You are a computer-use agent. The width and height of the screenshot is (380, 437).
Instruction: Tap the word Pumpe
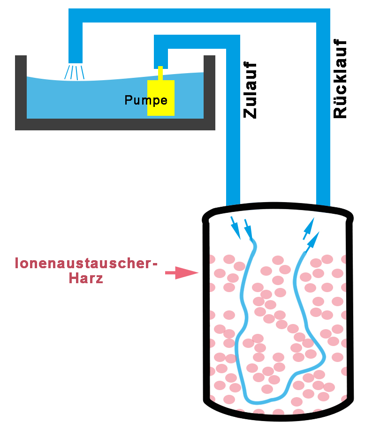(x=146, y=100)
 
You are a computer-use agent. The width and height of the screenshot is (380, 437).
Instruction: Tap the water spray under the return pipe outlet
(x=76, y=72)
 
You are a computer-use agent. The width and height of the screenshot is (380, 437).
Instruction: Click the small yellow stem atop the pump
(x=160, y=74)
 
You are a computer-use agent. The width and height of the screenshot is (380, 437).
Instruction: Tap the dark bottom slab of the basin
(x=115, y=124)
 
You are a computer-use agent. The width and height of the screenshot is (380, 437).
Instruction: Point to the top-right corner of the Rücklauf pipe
(x=323, y=16)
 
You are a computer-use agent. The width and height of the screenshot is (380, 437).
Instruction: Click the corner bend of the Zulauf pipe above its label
(x=233, y=42)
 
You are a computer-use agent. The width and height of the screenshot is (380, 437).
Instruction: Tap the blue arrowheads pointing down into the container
(x=242, y=229)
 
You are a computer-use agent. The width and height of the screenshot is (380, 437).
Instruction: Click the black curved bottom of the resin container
(x=277, y=413)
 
